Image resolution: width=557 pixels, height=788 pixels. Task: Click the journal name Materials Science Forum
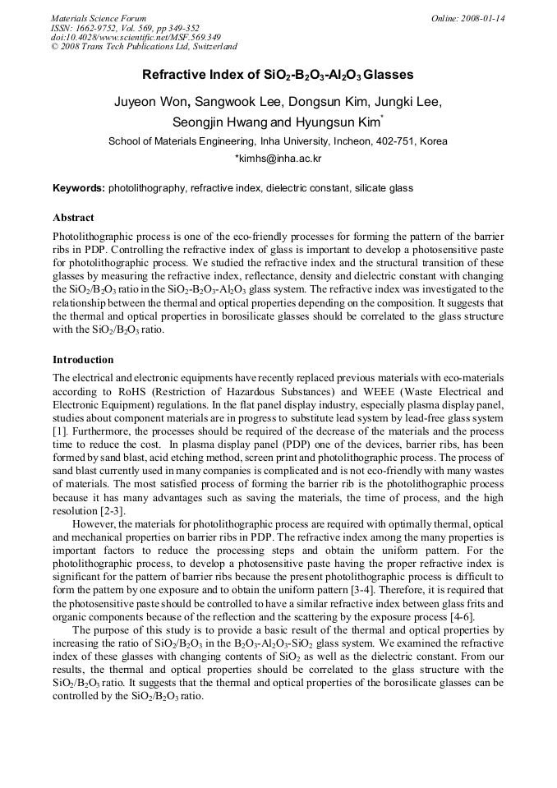[x=99, y=18]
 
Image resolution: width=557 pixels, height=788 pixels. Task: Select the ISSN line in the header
[x=125, y=28]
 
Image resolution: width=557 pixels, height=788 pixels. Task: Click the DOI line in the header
[x=136, y=37]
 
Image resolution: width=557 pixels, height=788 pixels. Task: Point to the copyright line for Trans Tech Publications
[x=144, y=47]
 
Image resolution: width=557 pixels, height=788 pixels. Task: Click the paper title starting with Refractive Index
[x=278, y=75]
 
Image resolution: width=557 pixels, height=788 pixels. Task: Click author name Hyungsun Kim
[x=333, y=122]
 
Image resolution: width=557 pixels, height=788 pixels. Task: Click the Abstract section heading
[x=73, y=219]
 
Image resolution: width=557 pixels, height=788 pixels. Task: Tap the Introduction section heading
[x=83, y=360]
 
